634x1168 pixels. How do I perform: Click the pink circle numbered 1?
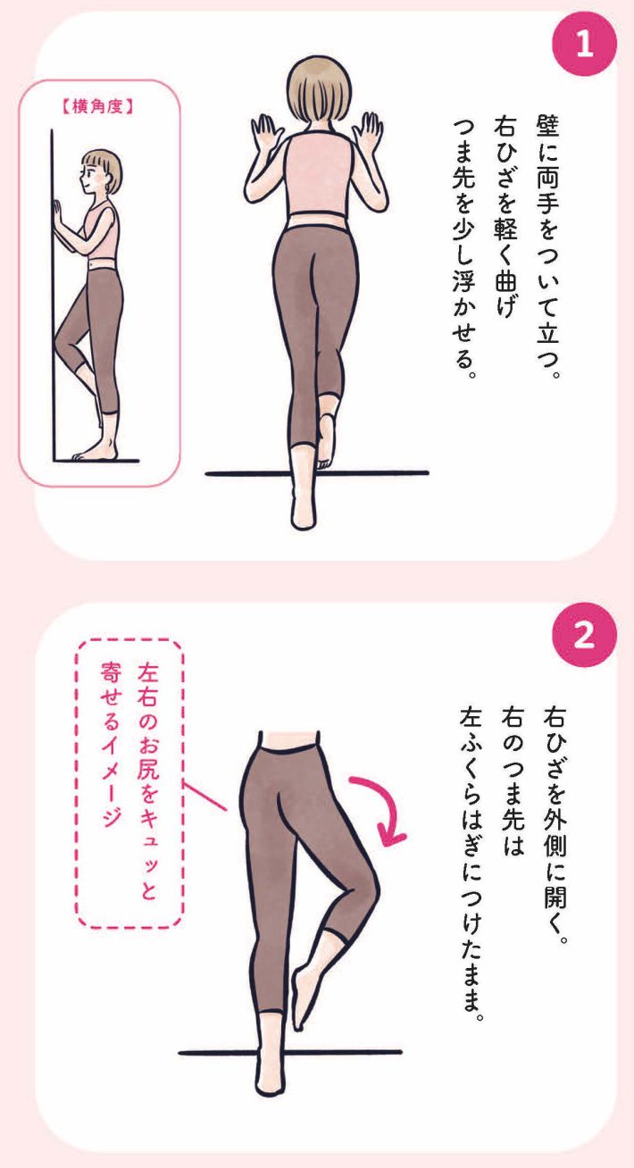[584, 46]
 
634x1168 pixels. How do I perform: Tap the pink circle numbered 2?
[584, 637]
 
